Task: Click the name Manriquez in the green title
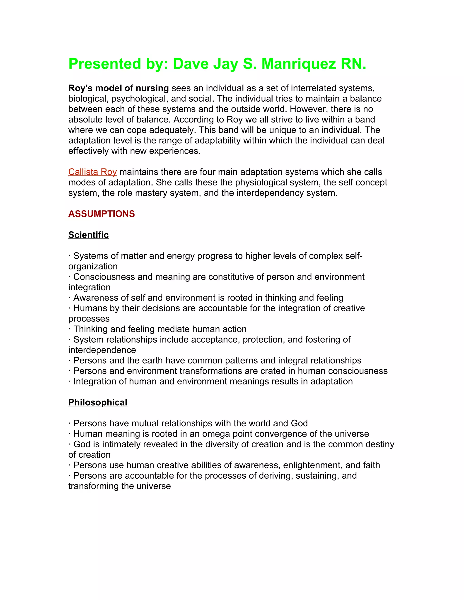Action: [299, 64]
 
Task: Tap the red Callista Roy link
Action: [92, 172]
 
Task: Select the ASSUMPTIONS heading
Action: [101, 214]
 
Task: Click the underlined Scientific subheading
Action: [89, 235]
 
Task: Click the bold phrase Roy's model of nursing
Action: [118, 88]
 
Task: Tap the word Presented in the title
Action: [105, 64]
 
